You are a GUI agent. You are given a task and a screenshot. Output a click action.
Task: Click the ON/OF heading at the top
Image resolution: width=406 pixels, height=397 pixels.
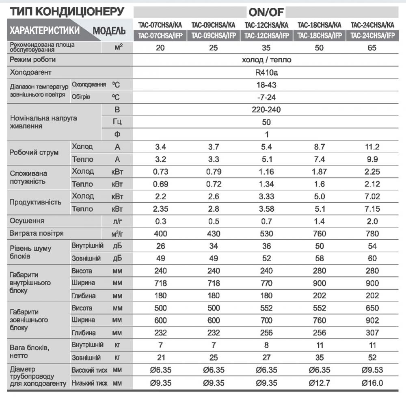[x=266, y=12]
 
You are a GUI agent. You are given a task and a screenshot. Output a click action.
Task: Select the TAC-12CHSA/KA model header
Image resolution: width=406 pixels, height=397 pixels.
[x=266, y=25]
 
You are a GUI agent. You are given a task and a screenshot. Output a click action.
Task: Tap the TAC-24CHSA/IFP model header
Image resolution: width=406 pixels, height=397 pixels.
[x=372, y=36]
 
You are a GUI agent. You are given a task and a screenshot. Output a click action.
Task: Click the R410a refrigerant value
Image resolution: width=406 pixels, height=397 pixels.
[x=266, y=73]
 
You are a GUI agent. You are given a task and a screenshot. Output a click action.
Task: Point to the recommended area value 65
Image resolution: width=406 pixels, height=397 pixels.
[x=372, y=48]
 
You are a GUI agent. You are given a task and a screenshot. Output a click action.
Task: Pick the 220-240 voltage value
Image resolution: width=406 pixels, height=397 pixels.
[x=266, y=110]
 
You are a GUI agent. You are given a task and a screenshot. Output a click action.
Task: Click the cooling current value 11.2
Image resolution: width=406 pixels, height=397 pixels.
[x=372, y=147]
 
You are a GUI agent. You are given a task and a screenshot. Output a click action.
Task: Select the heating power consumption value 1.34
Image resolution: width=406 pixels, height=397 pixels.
[x=266, y=184]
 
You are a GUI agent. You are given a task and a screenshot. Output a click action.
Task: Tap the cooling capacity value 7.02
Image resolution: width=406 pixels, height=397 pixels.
[x=372, y=197]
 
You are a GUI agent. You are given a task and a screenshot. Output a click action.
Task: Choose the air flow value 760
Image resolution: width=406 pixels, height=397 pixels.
[x=319, y=234]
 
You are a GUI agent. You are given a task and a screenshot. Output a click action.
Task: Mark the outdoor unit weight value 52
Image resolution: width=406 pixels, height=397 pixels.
[x=372, y=358]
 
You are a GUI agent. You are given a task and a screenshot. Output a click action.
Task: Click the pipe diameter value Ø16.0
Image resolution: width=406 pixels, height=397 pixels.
[x=372, y=383]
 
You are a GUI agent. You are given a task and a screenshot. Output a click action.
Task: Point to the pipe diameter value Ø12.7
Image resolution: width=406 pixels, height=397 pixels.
[x=319, y=383]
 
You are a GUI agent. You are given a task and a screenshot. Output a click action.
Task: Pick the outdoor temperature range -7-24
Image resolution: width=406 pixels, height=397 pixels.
[x=266, y=98]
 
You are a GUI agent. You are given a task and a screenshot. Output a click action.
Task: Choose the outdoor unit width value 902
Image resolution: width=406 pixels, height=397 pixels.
[x=372, y=320]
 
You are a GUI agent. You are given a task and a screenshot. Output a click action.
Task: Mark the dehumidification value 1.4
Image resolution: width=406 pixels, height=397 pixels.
[x=319, y=221]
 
